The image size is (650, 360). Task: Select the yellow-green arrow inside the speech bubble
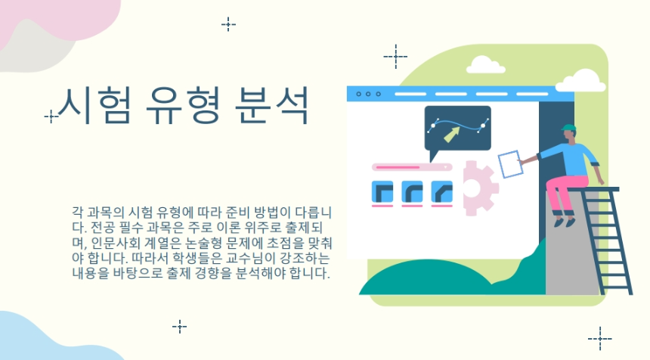[453, 135]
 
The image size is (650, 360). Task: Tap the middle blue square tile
[413, 192]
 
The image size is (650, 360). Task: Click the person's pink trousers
[568, 193]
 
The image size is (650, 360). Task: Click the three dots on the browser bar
[368, 94]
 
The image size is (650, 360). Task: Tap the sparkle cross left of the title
[51, 116]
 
